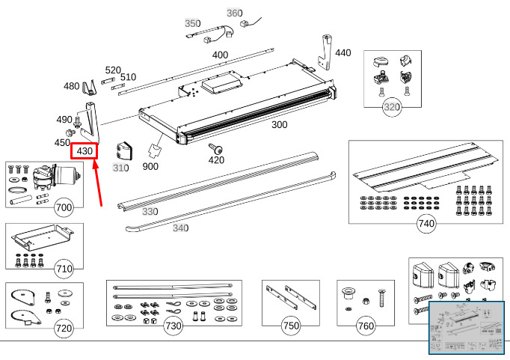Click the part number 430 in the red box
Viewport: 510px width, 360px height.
click(x=84, y=150)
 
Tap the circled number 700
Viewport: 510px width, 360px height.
click(x=64, y=207)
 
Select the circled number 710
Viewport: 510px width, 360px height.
click(x=64, y=268)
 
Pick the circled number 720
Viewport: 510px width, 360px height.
click(x=64, y=327)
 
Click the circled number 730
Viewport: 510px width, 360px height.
click(x=173, y=326)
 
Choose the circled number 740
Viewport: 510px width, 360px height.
click(x=426, y=223)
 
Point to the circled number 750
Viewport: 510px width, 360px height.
click(x=290, y=326)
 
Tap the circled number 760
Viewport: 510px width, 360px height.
click(x=366, y=326)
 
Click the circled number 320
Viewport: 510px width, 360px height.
click(x=392, y=108)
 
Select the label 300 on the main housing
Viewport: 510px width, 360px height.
click(x=279, y=125)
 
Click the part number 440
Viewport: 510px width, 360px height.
click(x=342, y=52)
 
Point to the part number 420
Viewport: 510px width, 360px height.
click(x=216, y=159)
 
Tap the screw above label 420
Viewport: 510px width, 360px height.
click(x=214, y=147)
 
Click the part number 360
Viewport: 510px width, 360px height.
click(x=234, y=13)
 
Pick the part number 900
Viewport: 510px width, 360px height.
click(x=150, y=166)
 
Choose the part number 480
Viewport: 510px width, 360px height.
click(x=71, y=86)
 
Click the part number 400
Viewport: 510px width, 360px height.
click(x=220, y=55)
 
